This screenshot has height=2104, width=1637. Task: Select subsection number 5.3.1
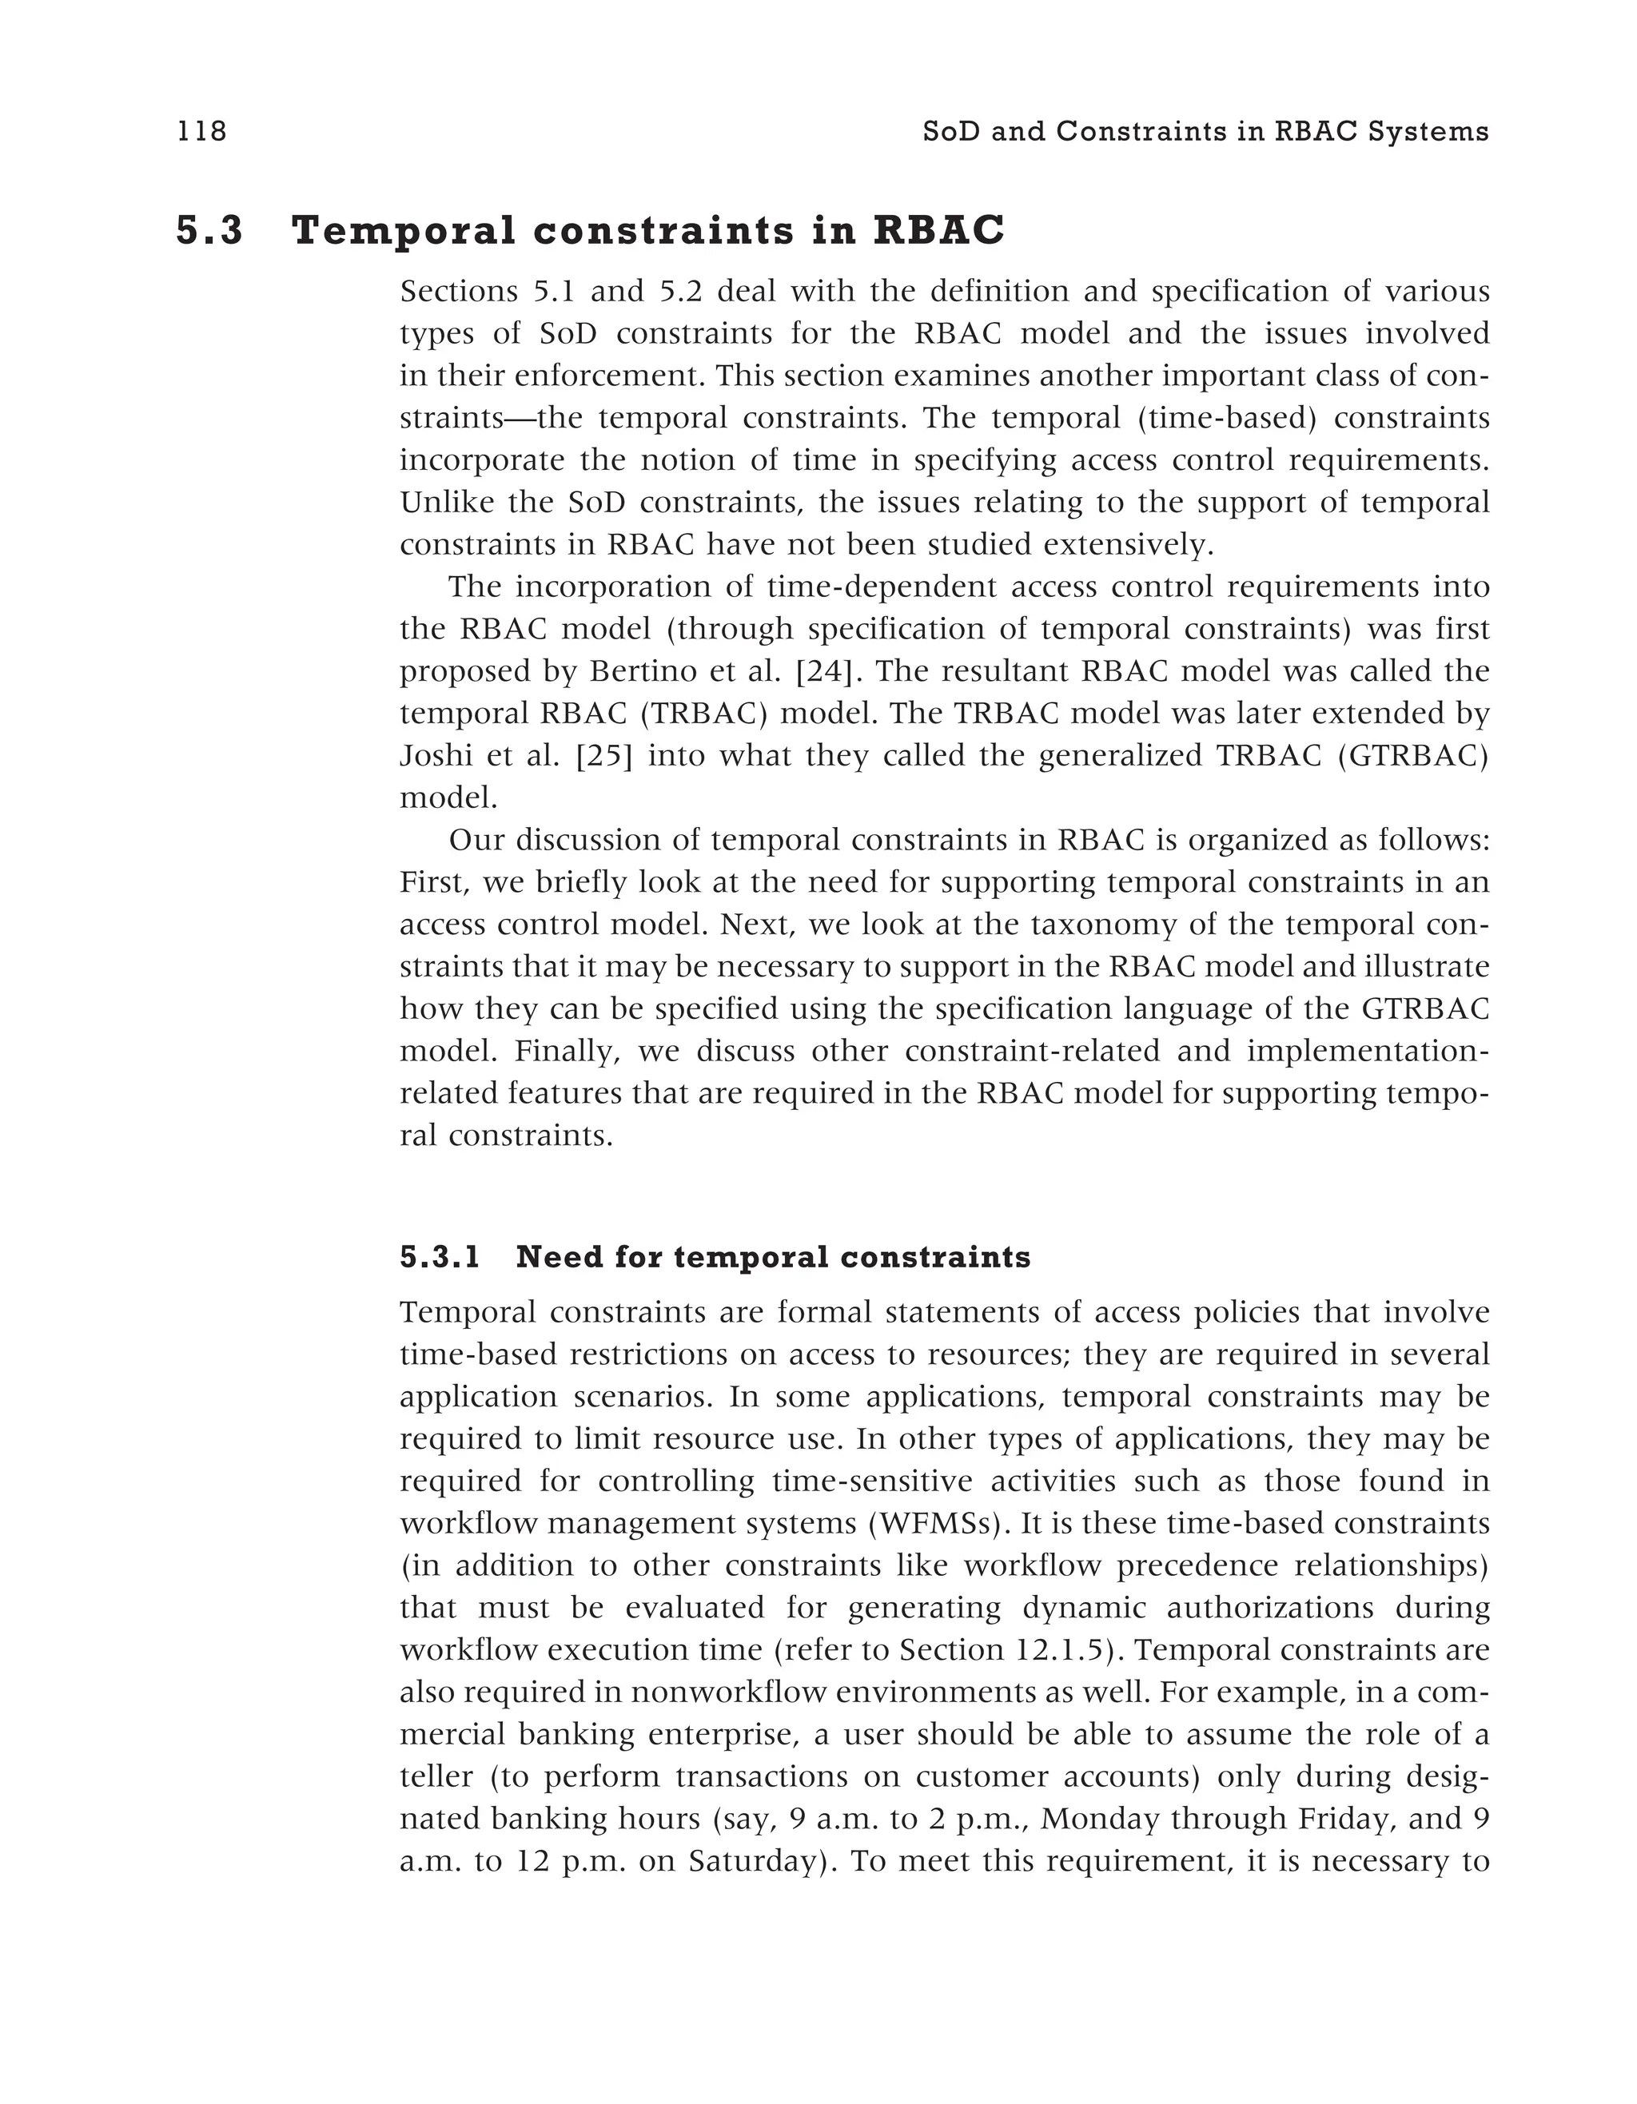pos(440,1257)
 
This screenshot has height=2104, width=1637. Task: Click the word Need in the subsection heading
pos(553,1257)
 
